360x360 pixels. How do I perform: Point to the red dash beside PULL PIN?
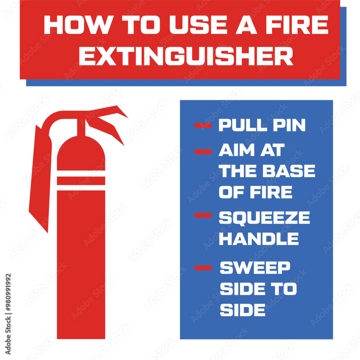point(203,125)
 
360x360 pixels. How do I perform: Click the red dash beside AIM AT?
point(203,152)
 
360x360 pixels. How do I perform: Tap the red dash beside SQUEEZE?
point(203,215)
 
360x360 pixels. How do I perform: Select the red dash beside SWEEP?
point(203,267)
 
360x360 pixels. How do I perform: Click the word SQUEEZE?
point(264,218)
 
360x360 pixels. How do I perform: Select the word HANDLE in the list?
point(258,239)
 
